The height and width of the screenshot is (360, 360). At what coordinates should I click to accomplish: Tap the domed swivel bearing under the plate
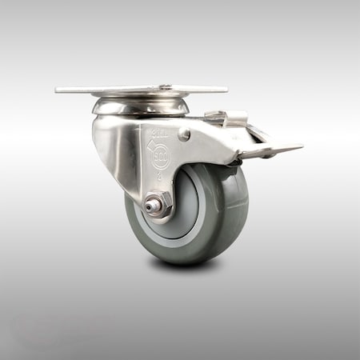[x=141, y=106]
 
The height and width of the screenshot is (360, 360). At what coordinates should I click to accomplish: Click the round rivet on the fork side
[x=185, y=135]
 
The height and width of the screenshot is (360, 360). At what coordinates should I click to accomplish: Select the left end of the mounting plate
[x=61, y=90]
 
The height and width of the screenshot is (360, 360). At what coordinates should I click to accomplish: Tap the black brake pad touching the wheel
[x=233, y=163]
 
